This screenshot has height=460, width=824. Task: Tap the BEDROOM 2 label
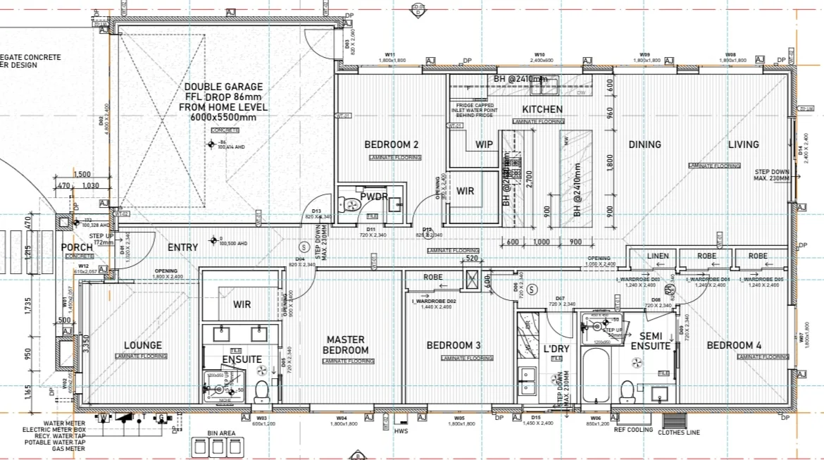[392, 145]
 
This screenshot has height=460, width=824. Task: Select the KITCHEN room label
[542, 109]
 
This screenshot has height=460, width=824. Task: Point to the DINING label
[644, 144]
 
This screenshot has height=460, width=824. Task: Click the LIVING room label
[743, 144]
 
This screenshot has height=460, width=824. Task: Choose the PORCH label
[77, 247]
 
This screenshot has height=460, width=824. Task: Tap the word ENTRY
[182, 247]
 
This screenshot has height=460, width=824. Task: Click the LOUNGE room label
[143, 345]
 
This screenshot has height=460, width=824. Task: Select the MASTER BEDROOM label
[346, 344]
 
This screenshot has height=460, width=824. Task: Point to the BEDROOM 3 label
[454, 345]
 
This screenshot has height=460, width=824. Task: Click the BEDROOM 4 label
[734, 345]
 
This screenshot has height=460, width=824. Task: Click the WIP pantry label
[484, 144]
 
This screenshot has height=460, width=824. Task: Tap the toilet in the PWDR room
[350, 205]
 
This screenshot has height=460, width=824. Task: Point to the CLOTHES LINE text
[678, 433]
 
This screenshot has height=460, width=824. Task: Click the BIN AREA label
[221, 433]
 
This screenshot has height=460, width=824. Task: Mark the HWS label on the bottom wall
[401, 431]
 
